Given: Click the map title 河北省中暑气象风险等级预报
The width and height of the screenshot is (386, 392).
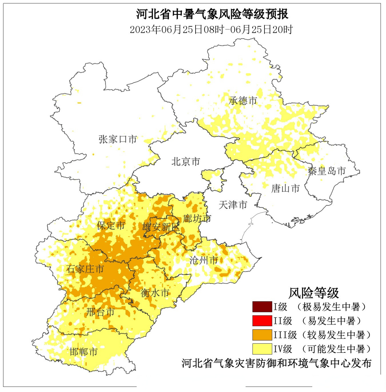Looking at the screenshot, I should click(212, 14).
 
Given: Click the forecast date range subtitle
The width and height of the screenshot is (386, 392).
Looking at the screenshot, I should click(211, 30).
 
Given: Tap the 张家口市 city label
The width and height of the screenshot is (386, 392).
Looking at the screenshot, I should click(118, 139).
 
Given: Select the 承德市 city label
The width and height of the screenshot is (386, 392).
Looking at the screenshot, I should click(243, 100).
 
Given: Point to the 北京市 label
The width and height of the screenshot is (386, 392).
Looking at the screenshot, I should click(186, 161).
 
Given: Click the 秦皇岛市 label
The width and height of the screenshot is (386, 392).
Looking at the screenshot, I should click(327, 171).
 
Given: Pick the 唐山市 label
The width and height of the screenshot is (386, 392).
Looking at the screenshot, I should click(285, 188).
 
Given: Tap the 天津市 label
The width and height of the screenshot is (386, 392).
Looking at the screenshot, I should click(233, 205).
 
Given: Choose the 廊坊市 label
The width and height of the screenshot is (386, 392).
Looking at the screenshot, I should click(197, 218).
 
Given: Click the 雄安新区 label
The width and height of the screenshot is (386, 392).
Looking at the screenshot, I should click(161, 227).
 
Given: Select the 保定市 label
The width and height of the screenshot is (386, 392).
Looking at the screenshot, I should click(111, 225).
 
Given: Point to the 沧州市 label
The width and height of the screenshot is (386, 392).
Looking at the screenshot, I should click(204, 260).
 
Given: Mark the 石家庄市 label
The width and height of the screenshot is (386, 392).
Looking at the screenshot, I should click(85, 269).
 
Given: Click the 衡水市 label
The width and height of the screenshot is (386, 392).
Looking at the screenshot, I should click(155, 293).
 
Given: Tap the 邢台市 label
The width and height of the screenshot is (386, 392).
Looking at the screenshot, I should click(100, 312).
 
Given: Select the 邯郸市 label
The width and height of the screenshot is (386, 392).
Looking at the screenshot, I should click(83, 352).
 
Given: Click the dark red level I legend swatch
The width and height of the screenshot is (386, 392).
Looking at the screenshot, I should click(262, 307).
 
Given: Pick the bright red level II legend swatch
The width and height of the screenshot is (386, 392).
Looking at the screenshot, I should click(262, 321).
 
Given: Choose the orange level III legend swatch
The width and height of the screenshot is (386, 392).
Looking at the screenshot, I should click(262, 335).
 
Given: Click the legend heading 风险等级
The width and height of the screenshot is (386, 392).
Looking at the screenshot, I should click(313, 293).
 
